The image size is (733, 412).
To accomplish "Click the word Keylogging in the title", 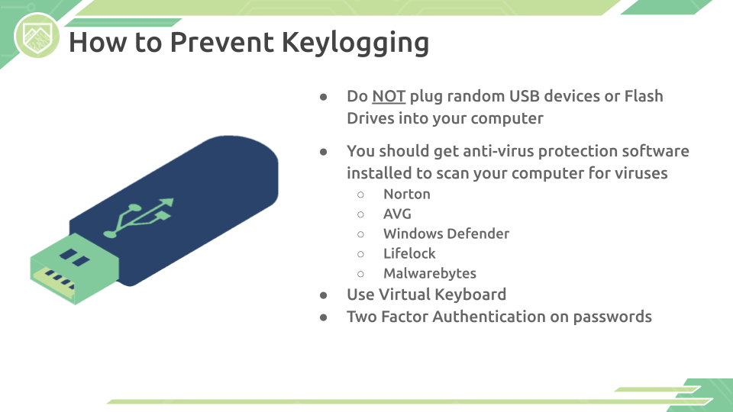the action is (x=355, y=43).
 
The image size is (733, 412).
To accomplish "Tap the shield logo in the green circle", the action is (x=37, y=37).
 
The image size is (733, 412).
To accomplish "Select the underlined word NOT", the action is (x=389, y=96).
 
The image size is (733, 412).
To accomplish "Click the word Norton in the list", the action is (x=407, y=194).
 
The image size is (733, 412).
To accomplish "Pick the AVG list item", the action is (x=397, y=214).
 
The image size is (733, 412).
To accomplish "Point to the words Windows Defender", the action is (x=447, y=233).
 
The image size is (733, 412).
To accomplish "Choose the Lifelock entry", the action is (x=409, y=253).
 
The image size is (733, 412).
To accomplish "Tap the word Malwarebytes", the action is (x=430, y=273).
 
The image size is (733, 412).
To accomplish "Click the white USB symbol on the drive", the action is (x=139, y=217).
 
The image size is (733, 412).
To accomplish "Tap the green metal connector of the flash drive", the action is (x=74, y=269).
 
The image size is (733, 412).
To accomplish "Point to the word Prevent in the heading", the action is (x=222, y=42).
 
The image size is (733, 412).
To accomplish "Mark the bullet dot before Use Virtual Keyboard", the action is (x=324, y=295).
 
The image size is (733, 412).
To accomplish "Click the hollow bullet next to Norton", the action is (x=360, y=195).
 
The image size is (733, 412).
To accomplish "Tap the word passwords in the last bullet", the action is (x=612, y=317).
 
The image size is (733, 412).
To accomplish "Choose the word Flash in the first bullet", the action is (x=644, y=96).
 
